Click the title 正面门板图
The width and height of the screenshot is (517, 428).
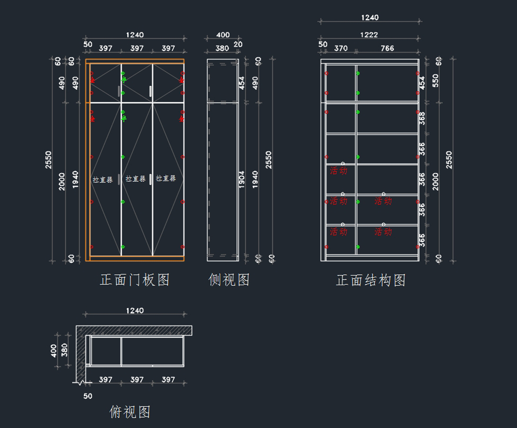(x=135, y=280)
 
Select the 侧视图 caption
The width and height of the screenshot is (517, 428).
(x=229, y=280)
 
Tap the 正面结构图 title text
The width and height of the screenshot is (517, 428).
(x=371, y=281)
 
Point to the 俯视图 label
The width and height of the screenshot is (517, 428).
(x=130, y=412)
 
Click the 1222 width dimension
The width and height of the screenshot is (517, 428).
(x=369, y=35)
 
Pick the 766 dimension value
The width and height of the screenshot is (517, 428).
(x=387, y=48)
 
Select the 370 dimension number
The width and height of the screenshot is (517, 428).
(x=341, y=48)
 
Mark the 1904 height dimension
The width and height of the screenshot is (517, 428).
(x=242, y=179)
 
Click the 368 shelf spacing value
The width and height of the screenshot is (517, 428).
(x=422, y=119)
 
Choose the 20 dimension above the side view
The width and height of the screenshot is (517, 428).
(x=238, y=44)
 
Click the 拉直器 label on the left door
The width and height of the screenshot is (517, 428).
(x=103, y=180)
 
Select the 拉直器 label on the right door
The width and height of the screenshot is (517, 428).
(x=166, y=178)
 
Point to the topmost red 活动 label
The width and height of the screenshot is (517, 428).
(x=338, y=171)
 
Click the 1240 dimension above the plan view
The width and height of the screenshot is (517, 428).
(x=135, y=310)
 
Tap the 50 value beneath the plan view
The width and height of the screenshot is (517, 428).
(x=88, y=396)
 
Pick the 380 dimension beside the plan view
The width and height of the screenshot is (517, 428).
(x=65, y=351)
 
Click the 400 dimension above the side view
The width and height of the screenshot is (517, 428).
(x=223, y=35)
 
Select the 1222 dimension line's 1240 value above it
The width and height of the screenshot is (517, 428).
(x=370, y=18)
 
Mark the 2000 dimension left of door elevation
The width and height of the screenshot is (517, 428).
(x=62, y=181)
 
